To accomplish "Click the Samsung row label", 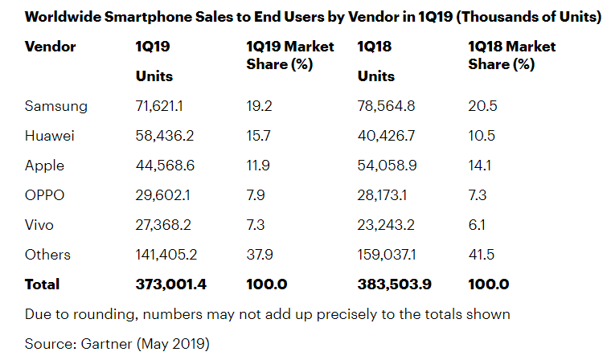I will click(55, 106).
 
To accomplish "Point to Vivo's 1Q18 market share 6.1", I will click(476, 225).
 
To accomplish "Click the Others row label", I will click(47, 255).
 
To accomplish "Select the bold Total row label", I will click(42, 284).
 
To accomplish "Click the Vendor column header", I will click(50, 47).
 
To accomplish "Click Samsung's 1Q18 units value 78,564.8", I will click(390, 106).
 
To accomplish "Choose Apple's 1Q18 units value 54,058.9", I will click(390, 166).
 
